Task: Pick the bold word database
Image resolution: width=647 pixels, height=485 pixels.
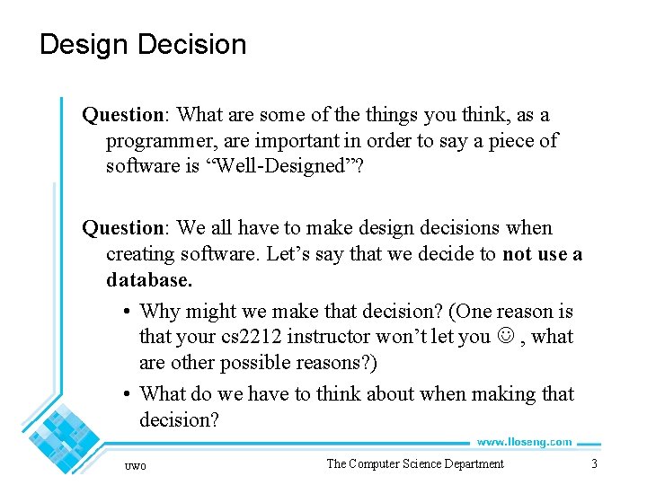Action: (x=148, y=280)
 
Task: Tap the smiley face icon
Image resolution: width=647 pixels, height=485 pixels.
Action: (x=501, y=338)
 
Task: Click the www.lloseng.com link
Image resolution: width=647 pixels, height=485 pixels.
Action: (x=524, y=442)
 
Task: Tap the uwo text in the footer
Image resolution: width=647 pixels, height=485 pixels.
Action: (x=136, y=464)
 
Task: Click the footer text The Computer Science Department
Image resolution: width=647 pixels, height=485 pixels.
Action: (x=414, y=463)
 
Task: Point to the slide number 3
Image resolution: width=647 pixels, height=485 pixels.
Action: (x=593, y=463)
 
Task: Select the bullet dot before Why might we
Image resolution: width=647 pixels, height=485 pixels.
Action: (x=129, y=313)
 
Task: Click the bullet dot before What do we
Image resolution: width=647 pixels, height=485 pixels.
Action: (x=129, y=394)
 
